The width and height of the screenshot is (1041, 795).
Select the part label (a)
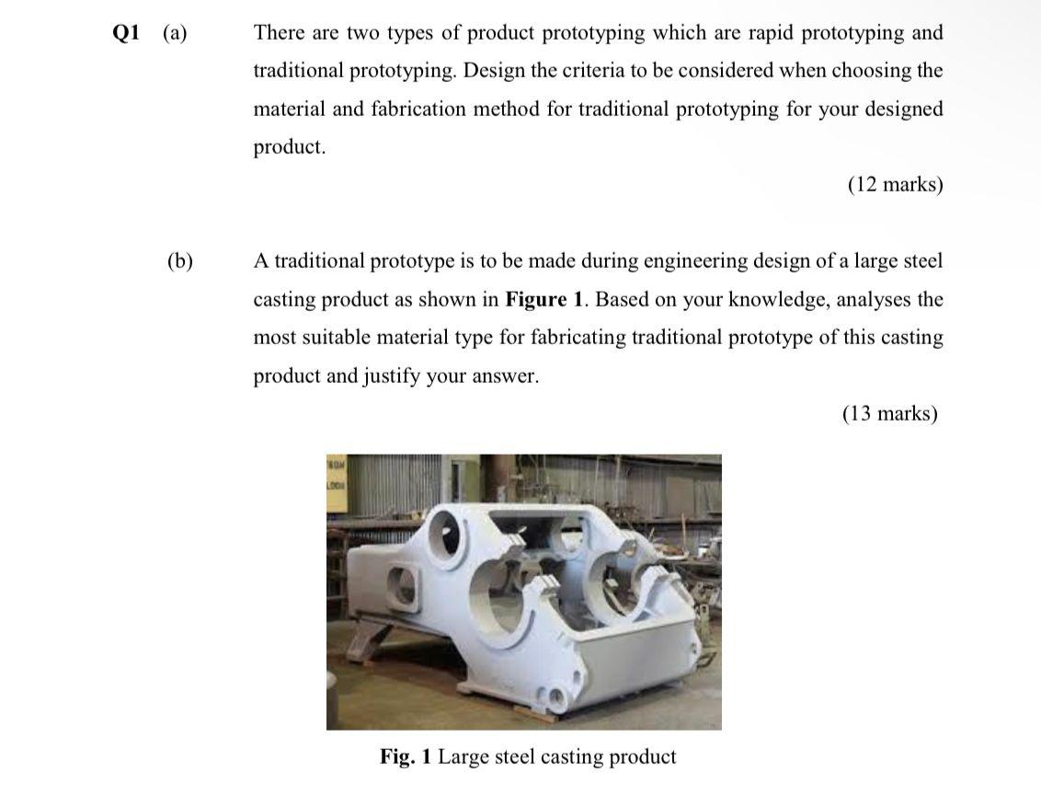[x=174, y=33]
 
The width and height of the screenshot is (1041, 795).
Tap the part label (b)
[x=180, y=261]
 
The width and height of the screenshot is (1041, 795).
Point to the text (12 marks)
[x=895, y=185]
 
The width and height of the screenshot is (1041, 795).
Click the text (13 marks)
[x=889, y=413]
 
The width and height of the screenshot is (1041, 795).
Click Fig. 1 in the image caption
[x=406, y=756]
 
